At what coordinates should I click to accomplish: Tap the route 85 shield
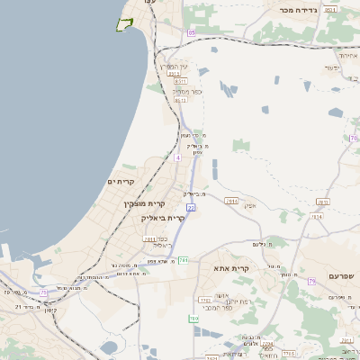pyautogui.click(x=191, y=33)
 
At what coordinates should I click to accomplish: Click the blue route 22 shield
pyautogui.click(x=191, y=207)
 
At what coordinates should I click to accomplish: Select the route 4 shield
pyautogui.click(x=178, y=157)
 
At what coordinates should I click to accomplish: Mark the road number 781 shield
pyautogui.click(x=184, y=260)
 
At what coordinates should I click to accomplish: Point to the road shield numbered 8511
pyautogui.click(x=181, y=80)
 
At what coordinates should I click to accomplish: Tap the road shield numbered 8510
pyautogui.click(x=180, y=101)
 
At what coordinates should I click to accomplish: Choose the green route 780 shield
pyautogui.click(x=193, y=319)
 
